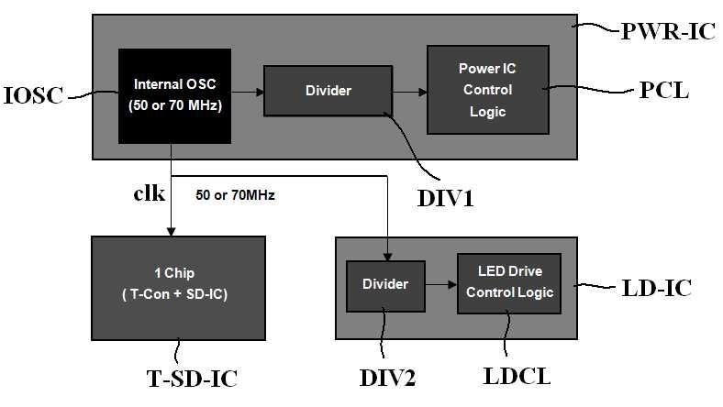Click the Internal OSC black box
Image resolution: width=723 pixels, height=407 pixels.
[x=174, y=96]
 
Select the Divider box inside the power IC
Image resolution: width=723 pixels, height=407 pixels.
[x=328, y=91]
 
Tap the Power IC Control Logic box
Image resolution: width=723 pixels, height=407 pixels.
[x=488, y=90]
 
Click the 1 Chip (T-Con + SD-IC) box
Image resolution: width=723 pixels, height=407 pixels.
[x=178, y=288]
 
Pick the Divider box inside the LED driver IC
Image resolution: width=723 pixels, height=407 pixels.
[x=385, y=286]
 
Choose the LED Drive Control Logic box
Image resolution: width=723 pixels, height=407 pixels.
[x=509, y=283]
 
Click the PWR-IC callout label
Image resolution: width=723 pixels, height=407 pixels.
[x=668, y=31]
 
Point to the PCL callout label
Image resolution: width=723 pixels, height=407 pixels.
[x=664, y=91]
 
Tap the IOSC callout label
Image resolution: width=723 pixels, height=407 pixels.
[x=33, y=95]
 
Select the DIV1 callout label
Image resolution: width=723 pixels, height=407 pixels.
[x=445, y=198]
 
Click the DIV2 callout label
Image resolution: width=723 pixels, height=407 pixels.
[x=387, y=378]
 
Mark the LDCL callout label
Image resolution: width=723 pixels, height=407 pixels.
[x=517, y=376]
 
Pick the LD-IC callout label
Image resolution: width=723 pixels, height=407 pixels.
[x=657, y=288]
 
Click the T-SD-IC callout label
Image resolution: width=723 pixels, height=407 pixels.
[x=192, y=379]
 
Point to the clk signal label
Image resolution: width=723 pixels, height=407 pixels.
[x=149, y=192]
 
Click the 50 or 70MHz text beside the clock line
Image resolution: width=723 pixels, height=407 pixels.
[x=235, y=195]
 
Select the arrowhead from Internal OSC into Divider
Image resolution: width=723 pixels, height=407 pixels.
[x=260, y=93]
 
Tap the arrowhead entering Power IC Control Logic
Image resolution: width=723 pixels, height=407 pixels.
[x=423, y=93]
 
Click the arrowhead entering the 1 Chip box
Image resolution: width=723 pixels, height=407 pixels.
[x=171, y=232]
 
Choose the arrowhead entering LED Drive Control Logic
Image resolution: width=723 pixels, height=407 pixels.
[x=453, y=284]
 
